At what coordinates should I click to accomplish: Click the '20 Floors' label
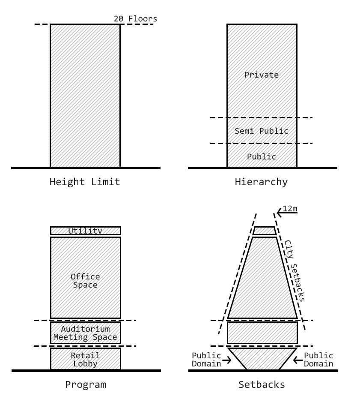135,19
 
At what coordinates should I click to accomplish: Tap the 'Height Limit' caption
85,182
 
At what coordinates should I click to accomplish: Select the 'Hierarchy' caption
261,182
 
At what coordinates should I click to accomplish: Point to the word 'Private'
262,75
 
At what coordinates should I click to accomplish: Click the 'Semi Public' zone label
262,131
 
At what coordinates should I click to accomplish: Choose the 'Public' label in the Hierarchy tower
262,157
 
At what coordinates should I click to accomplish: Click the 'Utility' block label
86,231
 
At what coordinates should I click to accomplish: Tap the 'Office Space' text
85,281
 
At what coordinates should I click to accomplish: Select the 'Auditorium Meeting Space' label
85,333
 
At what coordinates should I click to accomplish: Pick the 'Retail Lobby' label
85,360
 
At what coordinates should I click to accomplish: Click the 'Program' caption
85,384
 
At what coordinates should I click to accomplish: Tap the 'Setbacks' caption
261,384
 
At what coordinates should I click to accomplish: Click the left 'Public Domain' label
206,360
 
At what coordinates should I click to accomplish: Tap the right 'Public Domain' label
318,360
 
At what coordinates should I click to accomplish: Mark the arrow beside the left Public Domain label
226,360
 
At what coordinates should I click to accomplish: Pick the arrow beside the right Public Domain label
298,360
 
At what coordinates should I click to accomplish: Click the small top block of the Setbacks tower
265,231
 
